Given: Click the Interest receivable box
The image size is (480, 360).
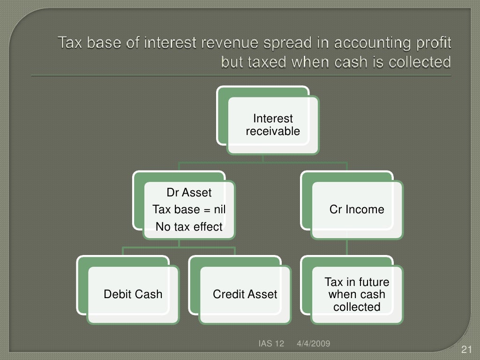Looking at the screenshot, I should click(x=273, y=125).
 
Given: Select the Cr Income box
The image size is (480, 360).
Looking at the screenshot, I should click(x=357, y=210).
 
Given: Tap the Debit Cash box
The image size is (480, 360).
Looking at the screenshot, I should click(x=133, y=294).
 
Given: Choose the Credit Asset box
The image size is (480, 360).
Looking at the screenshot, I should click(x=245, y=294).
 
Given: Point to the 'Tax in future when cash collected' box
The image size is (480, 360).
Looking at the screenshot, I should click(x=357, y=294).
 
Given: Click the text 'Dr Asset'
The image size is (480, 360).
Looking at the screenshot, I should click(x=189, y=193).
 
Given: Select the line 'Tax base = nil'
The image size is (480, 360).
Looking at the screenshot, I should click(x=189, y=210).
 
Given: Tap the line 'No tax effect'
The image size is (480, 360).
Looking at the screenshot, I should click(x=189, y=227).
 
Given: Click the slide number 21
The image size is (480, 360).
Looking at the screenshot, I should click(x=466, y=349).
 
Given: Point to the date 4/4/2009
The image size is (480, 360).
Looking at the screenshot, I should click(x=314, y=344).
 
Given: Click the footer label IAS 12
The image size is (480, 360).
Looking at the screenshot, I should click(x=271, y=344).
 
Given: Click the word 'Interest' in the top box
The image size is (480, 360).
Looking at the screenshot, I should click(x=273, y=119).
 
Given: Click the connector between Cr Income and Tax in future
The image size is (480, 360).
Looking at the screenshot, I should click(x=347, y=247).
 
